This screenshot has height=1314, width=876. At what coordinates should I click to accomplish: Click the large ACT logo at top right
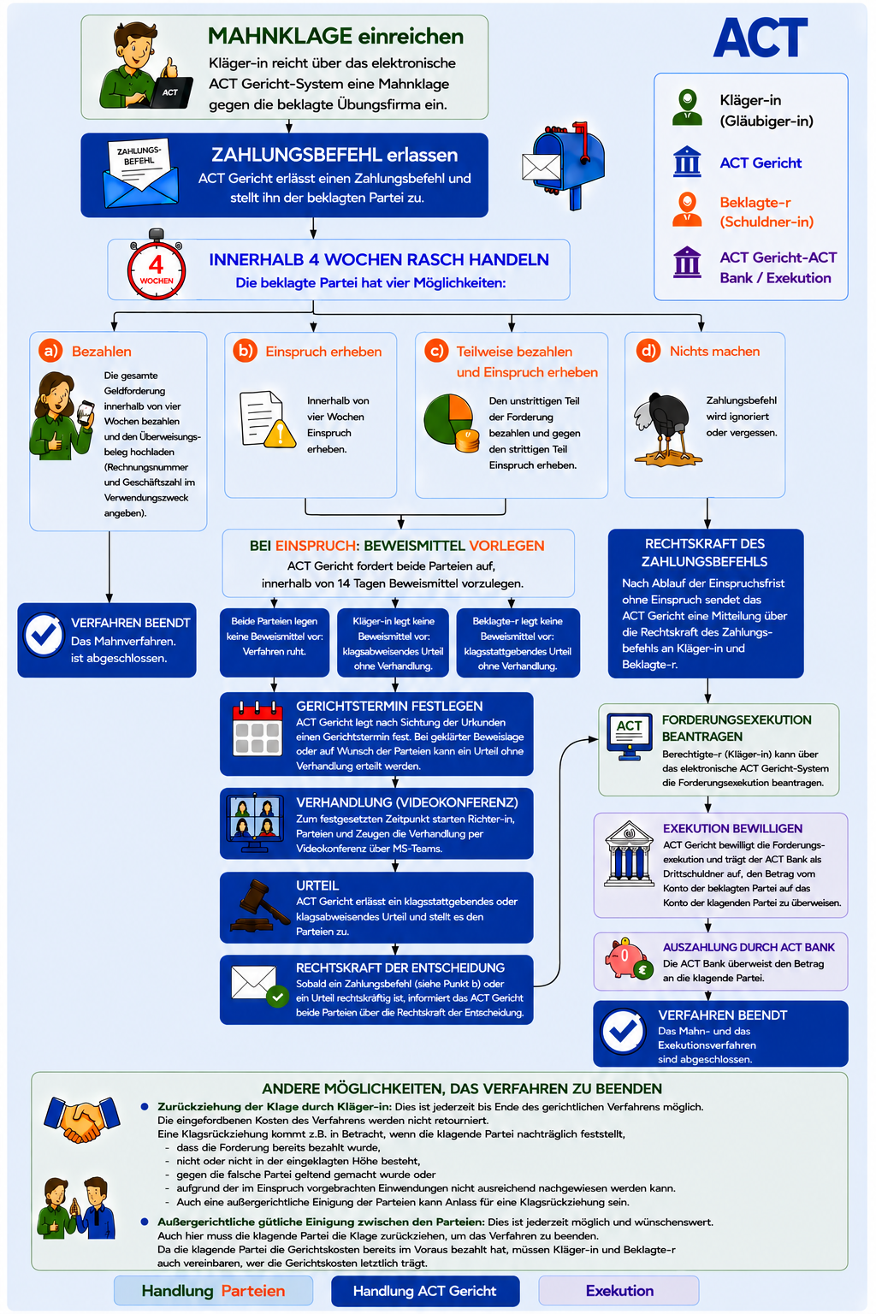[761, 37]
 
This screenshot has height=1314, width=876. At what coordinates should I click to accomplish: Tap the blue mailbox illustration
[563, 165]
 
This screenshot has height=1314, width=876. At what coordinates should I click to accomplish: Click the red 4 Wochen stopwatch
[156, 264]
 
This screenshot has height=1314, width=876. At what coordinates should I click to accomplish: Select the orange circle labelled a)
[50, 351]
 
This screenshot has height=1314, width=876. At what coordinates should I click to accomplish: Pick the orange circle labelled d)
[648, 351]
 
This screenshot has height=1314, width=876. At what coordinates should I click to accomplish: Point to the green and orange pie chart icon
[451, 423]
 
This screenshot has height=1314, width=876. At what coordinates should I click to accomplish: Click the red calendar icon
[257, 729]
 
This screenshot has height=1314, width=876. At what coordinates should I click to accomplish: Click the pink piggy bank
[629, 958]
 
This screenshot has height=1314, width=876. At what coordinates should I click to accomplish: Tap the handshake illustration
[81, 1120]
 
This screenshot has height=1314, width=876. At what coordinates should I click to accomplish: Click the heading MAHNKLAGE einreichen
[335, 37]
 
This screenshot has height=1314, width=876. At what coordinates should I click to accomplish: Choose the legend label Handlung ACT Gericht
[425, 1291]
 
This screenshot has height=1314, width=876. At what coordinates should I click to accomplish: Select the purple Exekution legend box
[619, 1291]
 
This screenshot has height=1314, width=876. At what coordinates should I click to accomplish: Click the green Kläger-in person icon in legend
[687, 107]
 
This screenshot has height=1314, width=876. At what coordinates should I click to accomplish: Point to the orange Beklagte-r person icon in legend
[687, 210]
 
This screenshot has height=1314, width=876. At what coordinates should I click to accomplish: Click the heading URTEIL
[317, 885]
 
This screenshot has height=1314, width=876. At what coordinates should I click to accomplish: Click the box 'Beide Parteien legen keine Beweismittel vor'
[274, 642]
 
